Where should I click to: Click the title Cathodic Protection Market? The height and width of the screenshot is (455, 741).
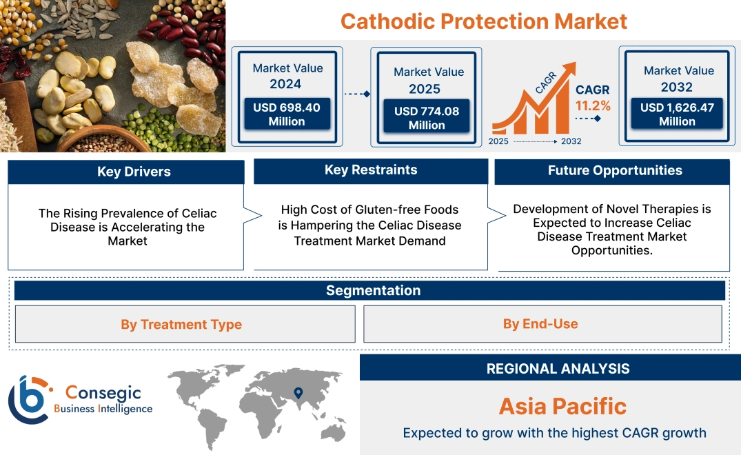(x=484, y=21)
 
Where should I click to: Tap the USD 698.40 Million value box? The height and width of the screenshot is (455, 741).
(x=286, y=114)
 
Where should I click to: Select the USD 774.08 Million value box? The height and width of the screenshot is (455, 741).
(x=427, y=118)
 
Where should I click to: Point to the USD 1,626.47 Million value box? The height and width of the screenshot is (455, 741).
(x=677, y=114)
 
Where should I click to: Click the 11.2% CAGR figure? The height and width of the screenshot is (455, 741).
(x=593, y=105)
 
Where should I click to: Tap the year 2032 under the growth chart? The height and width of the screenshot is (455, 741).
(x=571, y=141)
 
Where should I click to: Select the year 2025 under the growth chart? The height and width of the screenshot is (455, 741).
(x=499, y=141)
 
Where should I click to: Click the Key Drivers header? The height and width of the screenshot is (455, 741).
(x=126, y=172)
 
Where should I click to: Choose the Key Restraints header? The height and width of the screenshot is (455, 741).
(x=371, y=170)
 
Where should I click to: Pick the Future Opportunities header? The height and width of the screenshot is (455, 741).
(x=612, y=171)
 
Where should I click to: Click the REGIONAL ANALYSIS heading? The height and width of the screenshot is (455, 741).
(x=550, y=368)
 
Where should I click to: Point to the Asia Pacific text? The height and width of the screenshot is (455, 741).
(x=562, y=405)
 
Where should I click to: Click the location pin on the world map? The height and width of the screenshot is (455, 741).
(x=298, y=393)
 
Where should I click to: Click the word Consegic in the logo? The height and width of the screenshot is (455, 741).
(x=103, y=393)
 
